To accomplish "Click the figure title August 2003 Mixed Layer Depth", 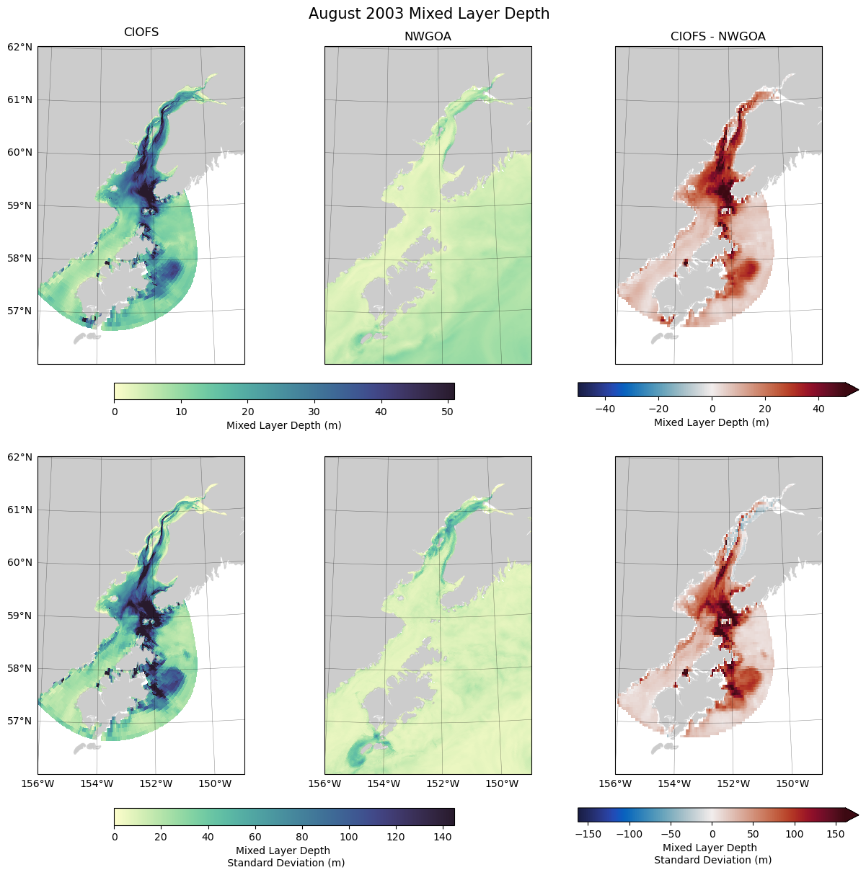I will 429,14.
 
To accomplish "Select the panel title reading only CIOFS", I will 141,32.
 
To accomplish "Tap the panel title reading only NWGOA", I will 428,37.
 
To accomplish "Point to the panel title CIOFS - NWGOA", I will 718,37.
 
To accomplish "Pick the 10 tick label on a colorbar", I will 181,412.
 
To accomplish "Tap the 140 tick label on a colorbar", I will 441,837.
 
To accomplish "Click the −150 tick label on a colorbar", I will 589,834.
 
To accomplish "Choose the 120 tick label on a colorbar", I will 395,837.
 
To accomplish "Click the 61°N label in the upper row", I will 19,99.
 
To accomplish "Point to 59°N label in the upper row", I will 19,205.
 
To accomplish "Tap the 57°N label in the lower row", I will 19,721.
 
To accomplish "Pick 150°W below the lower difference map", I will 793,783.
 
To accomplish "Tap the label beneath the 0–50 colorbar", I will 284,425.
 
